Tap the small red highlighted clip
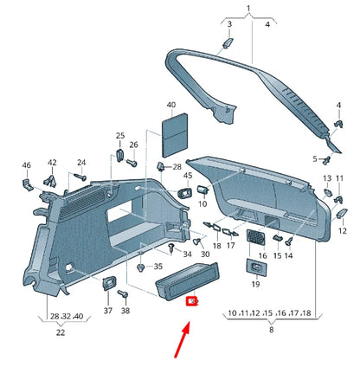click(192, 300)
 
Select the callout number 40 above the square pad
click(170, 105)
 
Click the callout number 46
click(26, 164)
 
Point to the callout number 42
click(52, 163)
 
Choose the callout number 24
click(81, 163)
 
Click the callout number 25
click(120, 136)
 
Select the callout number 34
click(188, 254)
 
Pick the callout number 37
click(108, 309)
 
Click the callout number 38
click(125, 309)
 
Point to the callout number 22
click(60, 332)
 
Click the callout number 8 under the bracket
click(271, 329)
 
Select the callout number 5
click(315, 159)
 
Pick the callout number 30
click(205, 254)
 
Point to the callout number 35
click(157, 266)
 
